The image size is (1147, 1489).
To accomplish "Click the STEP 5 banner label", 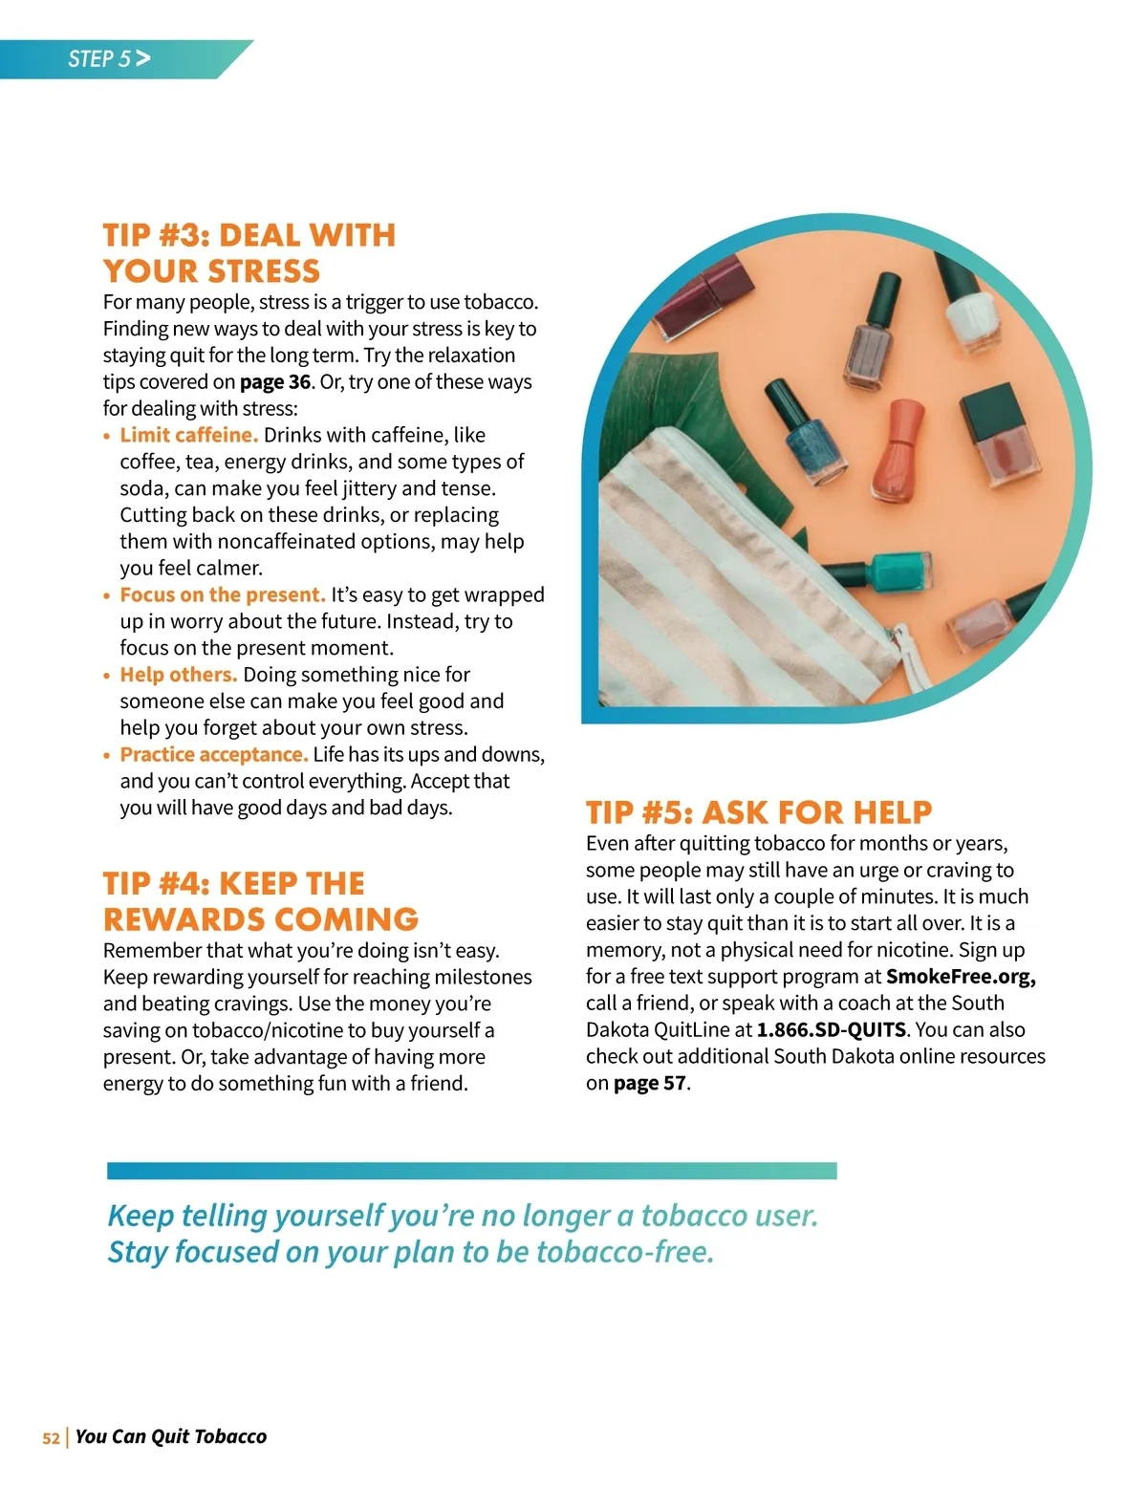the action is (100, 59).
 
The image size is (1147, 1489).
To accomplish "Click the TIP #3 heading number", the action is (184, 235).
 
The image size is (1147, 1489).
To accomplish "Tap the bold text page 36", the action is (274, 381).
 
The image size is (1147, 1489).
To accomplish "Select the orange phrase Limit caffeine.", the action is (188, 435).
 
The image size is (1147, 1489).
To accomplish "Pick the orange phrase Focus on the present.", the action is (223, 594).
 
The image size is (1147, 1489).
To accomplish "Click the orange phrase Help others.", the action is (178, 675).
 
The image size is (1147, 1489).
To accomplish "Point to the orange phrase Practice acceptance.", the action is (214, 754).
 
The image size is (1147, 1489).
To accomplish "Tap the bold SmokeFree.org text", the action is (960, 977).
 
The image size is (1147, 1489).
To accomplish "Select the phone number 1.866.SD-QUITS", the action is (831, 1030).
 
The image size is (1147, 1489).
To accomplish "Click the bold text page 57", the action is (649, 1084).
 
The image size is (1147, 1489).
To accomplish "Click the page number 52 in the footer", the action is (51, 1437).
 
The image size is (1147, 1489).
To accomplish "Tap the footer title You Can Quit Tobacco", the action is (170, 1436).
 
